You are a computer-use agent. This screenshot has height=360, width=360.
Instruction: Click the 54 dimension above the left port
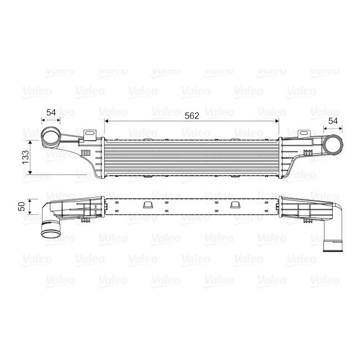pyautogui.click(x=52, y=112)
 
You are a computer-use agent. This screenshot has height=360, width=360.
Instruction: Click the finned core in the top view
pyautogui.click(x=192, y=157)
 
